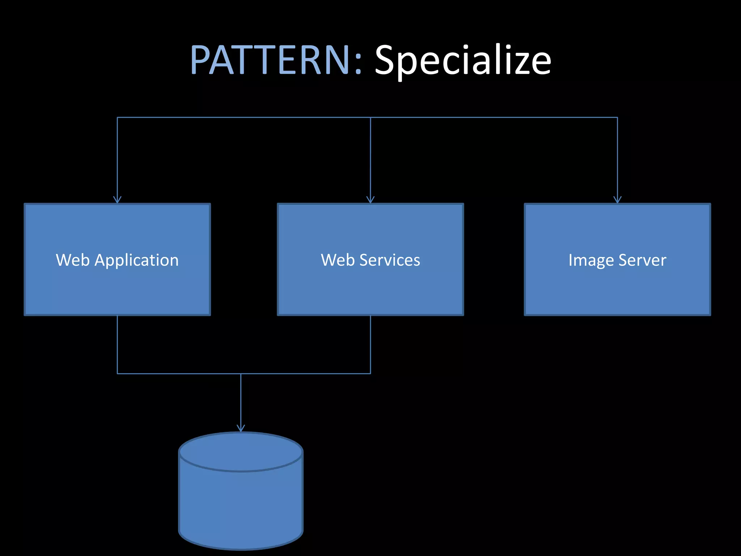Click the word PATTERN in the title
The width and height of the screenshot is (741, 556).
pos(270,60)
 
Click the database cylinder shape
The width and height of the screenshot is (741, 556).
pos(241,507)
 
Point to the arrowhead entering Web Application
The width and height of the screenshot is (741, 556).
pos(117,199)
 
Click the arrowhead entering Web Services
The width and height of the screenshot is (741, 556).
pos(370,199)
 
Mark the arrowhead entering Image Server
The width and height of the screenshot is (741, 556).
pos(617,199)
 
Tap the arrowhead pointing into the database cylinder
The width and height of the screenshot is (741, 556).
pos(241,428)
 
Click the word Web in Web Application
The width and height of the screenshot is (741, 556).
pos(73,260)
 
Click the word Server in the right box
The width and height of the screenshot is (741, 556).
pos(642,260)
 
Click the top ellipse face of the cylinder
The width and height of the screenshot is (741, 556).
pos(241,451)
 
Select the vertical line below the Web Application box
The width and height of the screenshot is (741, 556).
pos(117,344)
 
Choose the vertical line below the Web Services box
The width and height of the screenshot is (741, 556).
pos(370,344)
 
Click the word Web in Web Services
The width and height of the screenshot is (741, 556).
pos(338,260)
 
